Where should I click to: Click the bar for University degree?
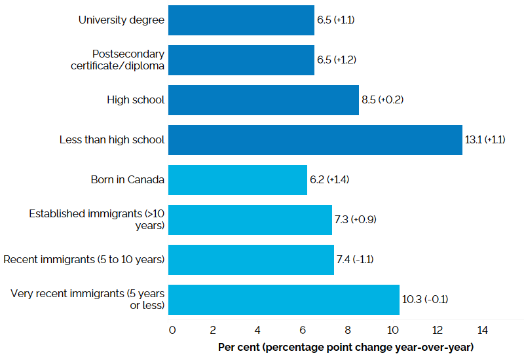[241, 20]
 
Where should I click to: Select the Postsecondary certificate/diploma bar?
[241, 60]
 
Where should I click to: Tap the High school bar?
[263, 100]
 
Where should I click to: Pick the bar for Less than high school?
[315, 140]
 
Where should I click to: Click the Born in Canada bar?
[238, 180]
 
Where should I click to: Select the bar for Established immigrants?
[250, 220]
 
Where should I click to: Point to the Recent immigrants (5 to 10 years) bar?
[251, 260]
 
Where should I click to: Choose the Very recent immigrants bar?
[284, 300]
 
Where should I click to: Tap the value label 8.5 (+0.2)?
[383, 100]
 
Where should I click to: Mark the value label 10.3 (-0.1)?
[425, 300]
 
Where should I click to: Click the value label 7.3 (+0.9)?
[356, 220]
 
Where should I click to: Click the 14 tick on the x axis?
[483, 330]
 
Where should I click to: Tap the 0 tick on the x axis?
[172, 330]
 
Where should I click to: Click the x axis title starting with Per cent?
[345, 346]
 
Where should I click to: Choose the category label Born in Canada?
[128, 180]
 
